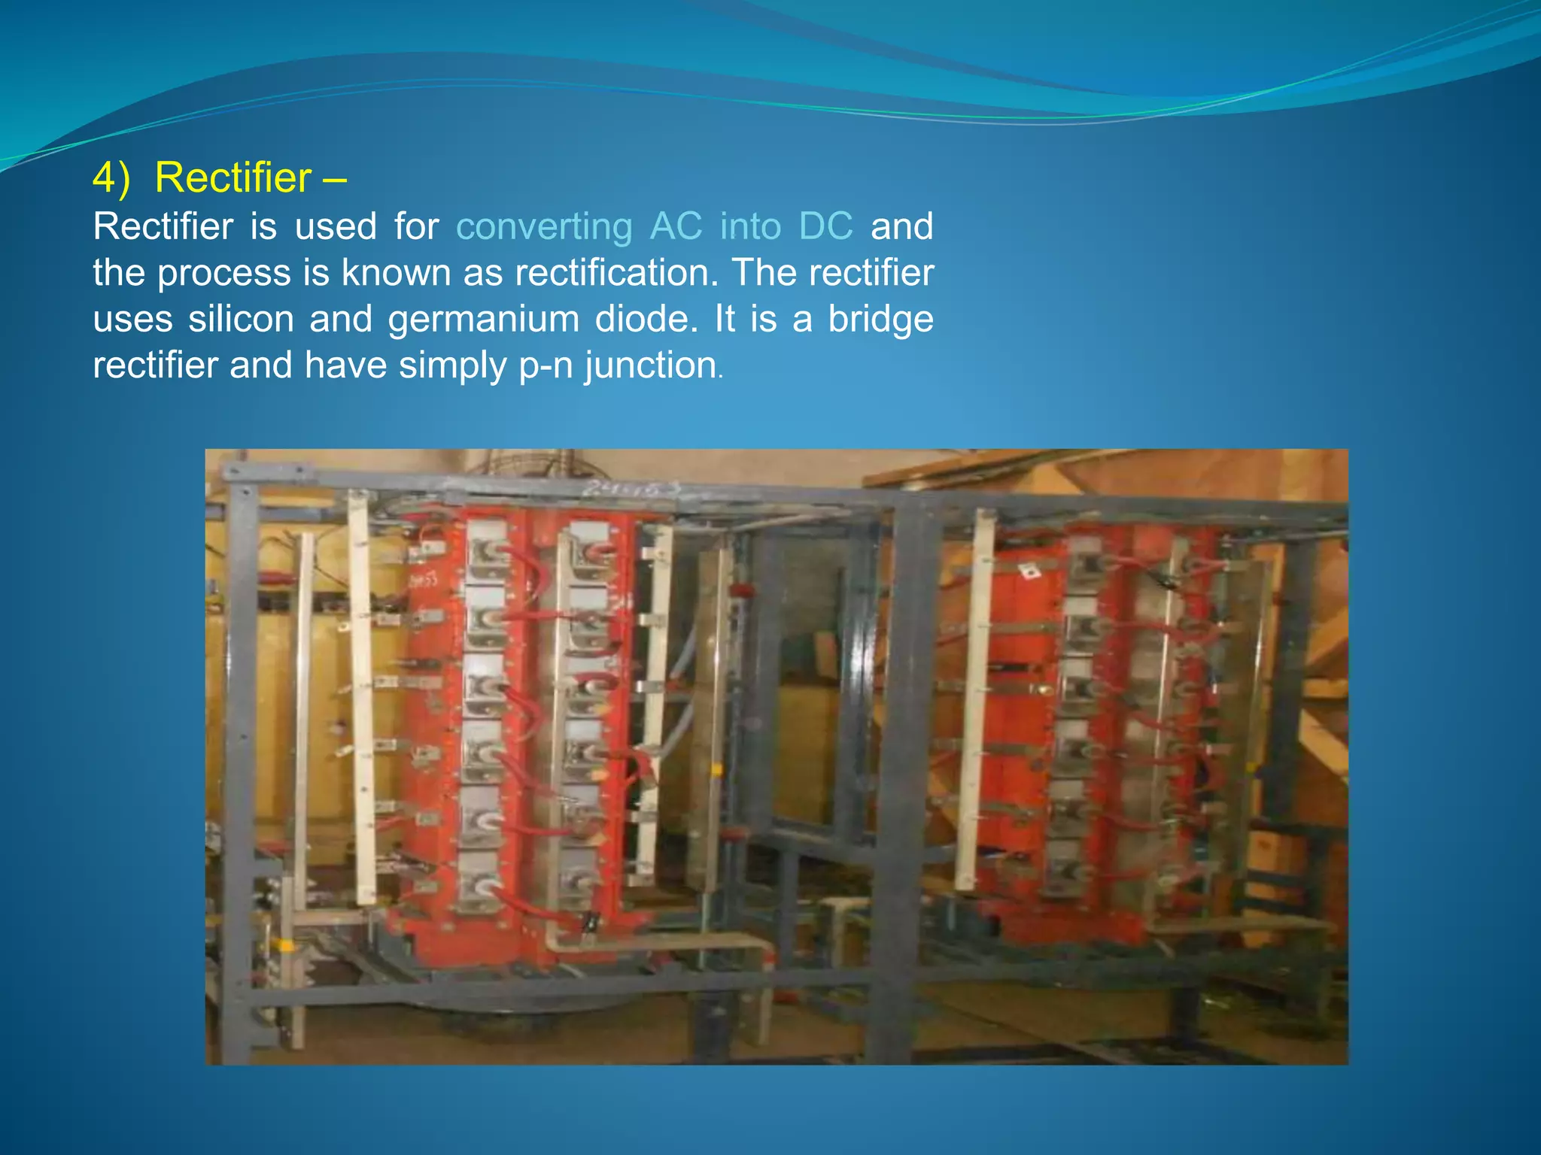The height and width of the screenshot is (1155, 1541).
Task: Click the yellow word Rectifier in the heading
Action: pos(233,178)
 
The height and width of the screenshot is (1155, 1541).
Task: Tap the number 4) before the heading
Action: pos(111,178)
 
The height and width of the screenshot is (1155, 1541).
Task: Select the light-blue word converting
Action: pos(544,226)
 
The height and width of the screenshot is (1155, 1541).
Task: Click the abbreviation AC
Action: pos(676,226)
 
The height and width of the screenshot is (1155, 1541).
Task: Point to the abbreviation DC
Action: pos(825,226)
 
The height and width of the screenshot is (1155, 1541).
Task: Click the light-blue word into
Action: pos(750,226)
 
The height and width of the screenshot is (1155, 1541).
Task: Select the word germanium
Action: pos(483,319)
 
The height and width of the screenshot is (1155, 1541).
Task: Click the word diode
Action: pos(643,319)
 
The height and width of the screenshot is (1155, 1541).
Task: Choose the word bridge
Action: pos(880,319)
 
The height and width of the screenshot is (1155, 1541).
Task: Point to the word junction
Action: pos(651,365)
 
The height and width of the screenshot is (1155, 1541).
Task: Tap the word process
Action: pos(224,272)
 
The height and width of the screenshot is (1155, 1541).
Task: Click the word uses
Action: pos(133,319)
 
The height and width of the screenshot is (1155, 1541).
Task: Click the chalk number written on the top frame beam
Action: pos(632,490)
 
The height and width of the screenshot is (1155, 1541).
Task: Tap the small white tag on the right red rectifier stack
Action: pos(1029,572)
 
